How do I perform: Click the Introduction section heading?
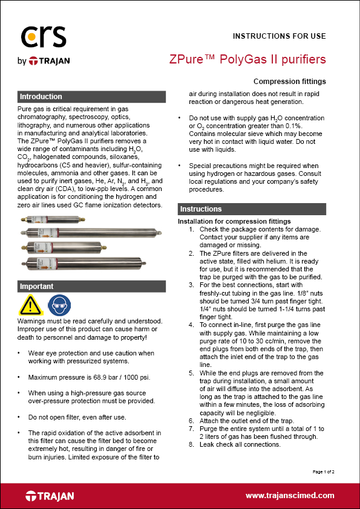41,97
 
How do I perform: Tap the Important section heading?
37,286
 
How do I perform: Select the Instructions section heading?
201,209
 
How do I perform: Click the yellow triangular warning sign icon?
30,305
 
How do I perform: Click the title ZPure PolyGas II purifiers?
247,59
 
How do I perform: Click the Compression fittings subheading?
289,82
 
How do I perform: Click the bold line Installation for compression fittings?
234,221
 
